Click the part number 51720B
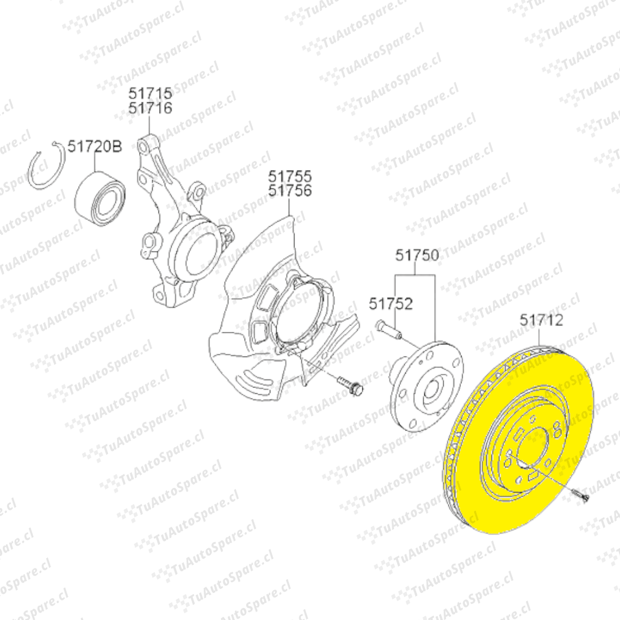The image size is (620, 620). pos(95,146)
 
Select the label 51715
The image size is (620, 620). pos(150,94)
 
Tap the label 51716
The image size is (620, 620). pos(150,107)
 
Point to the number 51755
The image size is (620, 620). pos(290,176)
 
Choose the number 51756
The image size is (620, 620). pos(290,190)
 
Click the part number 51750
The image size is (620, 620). pos(417,255)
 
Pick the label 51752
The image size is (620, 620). pos(391,304)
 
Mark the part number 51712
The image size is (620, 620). pos(541,320)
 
